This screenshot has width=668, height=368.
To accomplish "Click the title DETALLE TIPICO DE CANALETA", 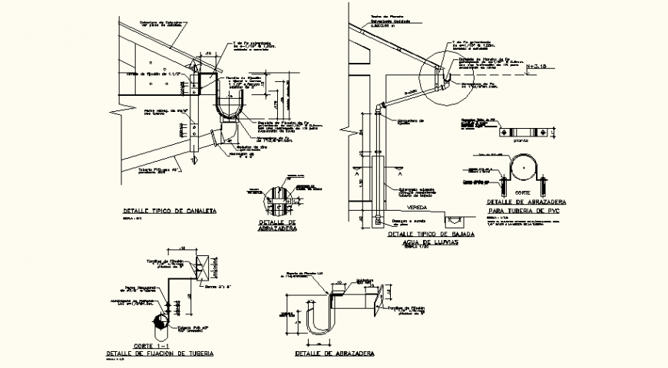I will point(170,210).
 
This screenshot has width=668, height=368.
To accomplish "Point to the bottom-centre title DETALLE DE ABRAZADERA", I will point(336,353).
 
